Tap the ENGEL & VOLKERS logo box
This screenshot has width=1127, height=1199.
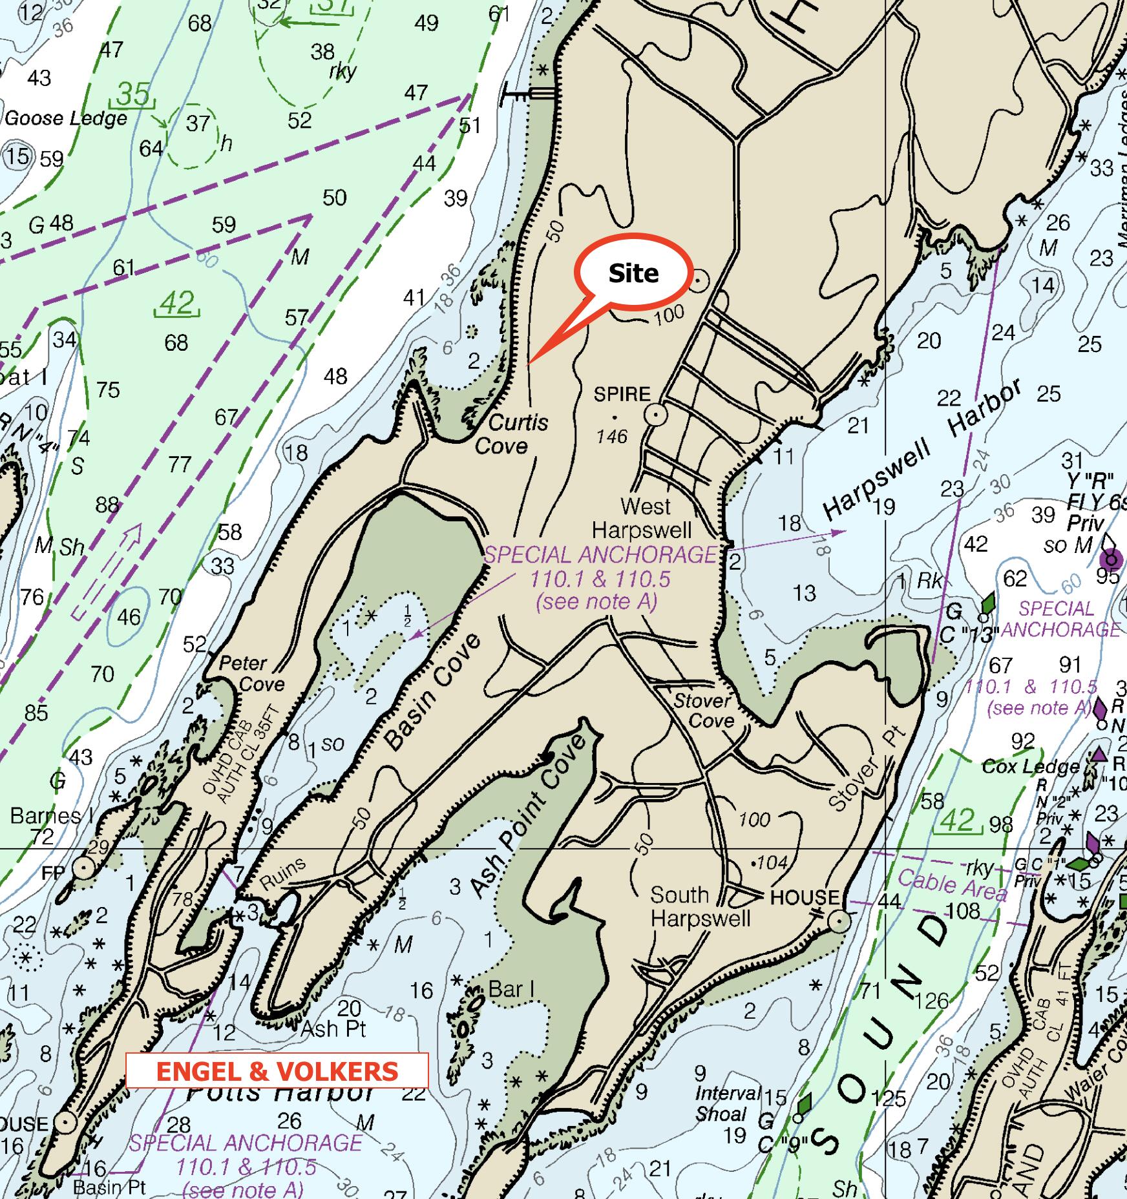tap(277, 1071)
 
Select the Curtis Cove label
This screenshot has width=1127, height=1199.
tap(510, 434)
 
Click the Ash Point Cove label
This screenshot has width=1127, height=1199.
tap(529, 817)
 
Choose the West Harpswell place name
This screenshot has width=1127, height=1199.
tap(643, 518)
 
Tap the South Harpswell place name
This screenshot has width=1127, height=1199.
tap(700, 906)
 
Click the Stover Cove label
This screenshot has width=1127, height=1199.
tap(704, 710)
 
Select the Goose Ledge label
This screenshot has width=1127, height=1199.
tap(66, 118)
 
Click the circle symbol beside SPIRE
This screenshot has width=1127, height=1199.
tap(656, 414)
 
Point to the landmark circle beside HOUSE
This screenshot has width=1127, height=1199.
tap(839, 921)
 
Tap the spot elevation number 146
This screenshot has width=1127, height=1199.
tap(611, 437)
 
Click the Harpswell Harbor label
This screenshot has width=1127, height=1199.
tap(924, 451)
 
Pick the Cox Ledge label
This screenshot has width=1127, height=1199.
tap(1030, 767)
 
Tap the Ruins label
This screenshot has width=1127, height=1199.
tap(282, 876)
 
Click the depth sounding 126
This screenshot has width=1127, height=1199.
tap(931, 1001)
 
